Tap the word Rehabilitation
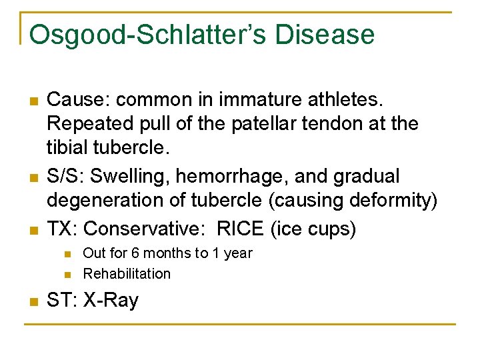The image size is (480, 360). pyautogui.click(x=127, y=273)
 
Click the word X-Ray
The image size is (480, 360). pyautogui.click(x=111, y=301)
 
